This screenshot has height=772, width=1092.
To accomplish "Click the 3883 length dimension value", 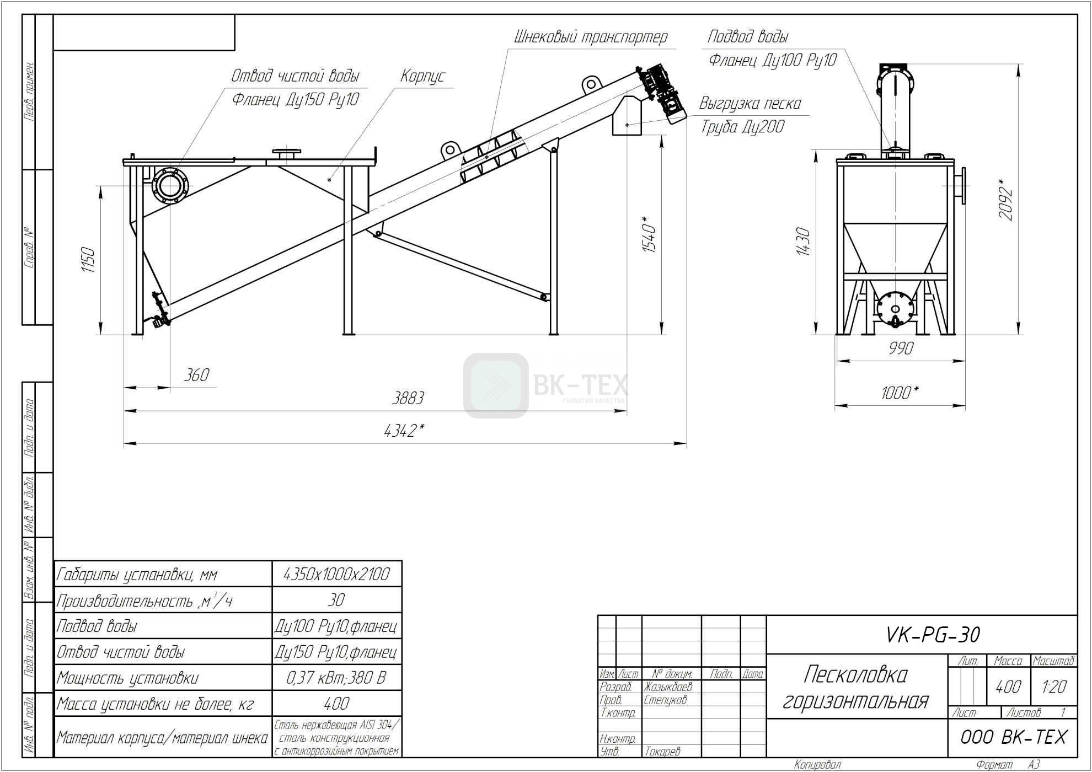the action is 408,398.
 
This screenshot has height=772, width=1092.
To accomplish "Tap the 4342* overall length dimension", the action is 404,430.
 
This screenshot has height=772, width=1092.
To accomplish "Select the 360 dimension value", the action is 196,375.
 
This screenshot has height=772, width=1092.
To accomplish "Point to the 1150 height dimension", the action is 88,260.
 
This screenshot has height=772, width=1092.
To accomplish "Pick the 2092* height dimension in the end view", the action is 1006,200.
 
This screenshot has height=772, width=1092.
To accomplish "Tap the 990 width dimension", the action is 901,349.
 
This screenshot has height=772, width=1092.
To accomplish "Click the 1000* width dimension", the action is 900,393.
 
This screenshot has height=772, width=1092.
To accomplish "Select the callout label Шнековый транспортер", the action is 591,37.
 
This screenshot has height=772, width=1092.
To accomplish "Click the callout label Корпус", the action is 422,76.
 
